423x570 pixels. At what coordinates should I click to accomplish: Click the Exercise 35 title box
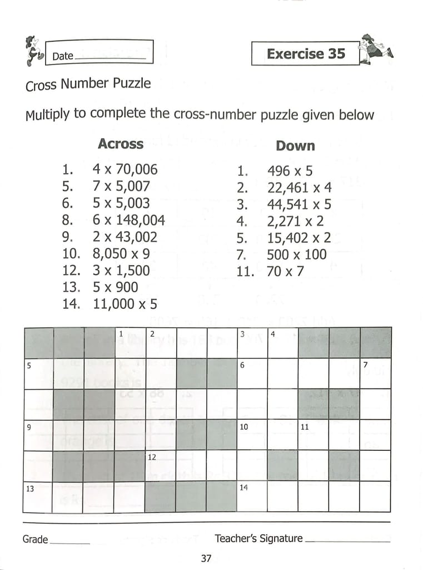[305, 54]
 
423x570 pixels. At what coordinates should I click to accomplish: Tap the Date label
[63, 56]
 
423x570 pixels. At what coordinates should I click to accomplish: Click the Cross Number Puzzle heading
[88, 85]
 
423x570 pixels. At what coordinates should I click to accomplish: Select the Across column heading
[121, 144]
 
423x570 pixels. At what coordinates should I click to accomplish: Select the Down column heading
[295, 146]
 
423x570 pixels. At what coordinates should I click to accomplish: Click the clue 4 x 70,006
[125, 169]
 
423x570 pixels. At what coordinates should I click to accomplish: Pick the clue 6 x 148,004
[128, 220]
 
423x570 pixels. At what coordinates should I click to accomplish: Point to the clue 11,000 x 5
[125, 304]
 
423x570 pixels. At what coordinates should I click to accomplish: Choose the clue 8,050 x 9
[121, 254]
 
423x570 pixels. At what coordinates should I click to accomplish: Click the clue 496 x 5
[290, 171]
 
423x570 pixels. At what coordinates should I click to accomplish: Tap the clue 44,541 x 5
[299, 204]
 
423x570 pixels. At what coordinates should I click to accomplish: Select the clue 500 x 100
[297, 255]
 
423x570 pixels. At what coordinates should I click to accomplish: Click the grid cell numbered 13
[37, 497]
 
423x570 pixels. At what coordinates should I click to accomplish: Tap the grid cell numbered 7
[375, 374]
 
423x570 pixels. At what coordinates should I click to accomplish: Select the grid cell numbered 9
[37, 435]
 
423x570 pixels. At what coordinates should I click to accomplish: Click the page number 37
[206, 558]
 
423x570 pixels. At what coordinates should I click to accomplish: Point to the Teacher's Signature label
[258, 538]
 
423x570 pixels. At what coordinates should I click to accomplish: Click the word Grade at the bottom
[35, 539]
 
